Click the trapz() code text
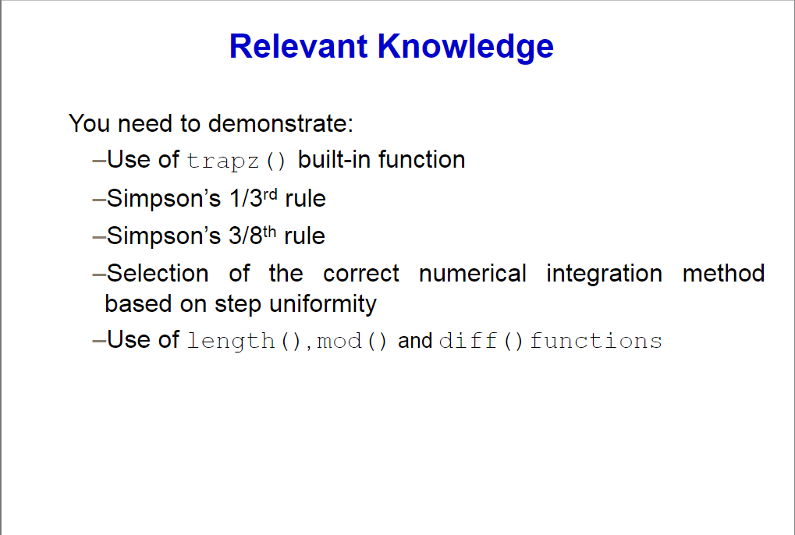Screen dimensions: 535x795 [237, 161]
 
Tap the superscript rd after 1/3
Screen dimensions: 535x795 [271, 193]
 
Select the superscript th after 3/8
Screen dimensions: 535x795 [270, 230]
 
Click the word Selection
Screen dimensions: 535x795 [158, 274]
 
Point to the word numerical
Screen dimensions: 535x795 [473, 274]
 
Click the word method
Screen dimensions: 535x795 [723, 274]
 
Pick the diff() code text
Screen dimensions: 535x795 [481, 342]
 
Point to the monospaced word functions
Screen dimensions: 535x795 [596, 342]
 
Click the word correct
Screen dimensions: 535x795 [361, 274]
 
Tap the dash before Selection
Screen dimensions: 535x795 [98, 274]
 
